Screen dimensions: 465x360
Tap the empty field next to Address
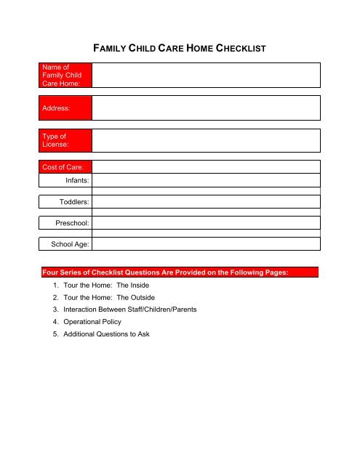(206, 108)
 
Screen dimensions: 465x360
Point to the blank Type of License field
(206, 141)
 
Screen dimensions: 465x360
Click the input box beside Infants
(206, 180)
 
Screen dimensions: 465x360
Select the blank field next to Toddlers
(206, 201)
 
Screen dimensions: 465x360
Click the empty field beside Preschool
(206, 222)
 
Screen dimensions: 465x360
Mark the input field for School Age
(206, 246)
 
